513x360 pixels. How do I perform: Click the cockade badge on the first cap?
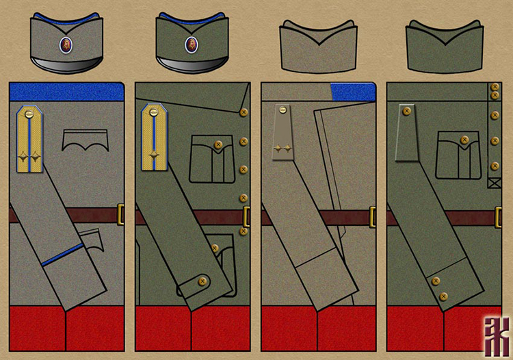(66, 45)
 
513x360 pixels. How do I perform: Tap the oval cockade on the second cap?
(192, 45)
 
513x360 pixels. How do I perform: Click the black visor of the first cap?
(66, 65)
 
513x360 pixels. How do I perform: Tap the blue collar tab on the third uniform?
(352, 92)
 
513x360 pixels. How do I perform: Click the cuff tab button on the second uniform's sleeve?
(202, 280)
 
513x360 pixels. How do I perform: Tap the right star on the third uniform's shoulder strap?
(288, 147)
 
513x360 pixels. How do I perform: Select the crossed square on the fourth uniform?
(494, 183)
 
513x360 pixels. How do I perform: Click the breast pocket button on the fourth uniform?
(464, 140)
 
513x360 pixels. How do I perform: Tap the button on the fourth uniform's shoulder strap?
(406, 110)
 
